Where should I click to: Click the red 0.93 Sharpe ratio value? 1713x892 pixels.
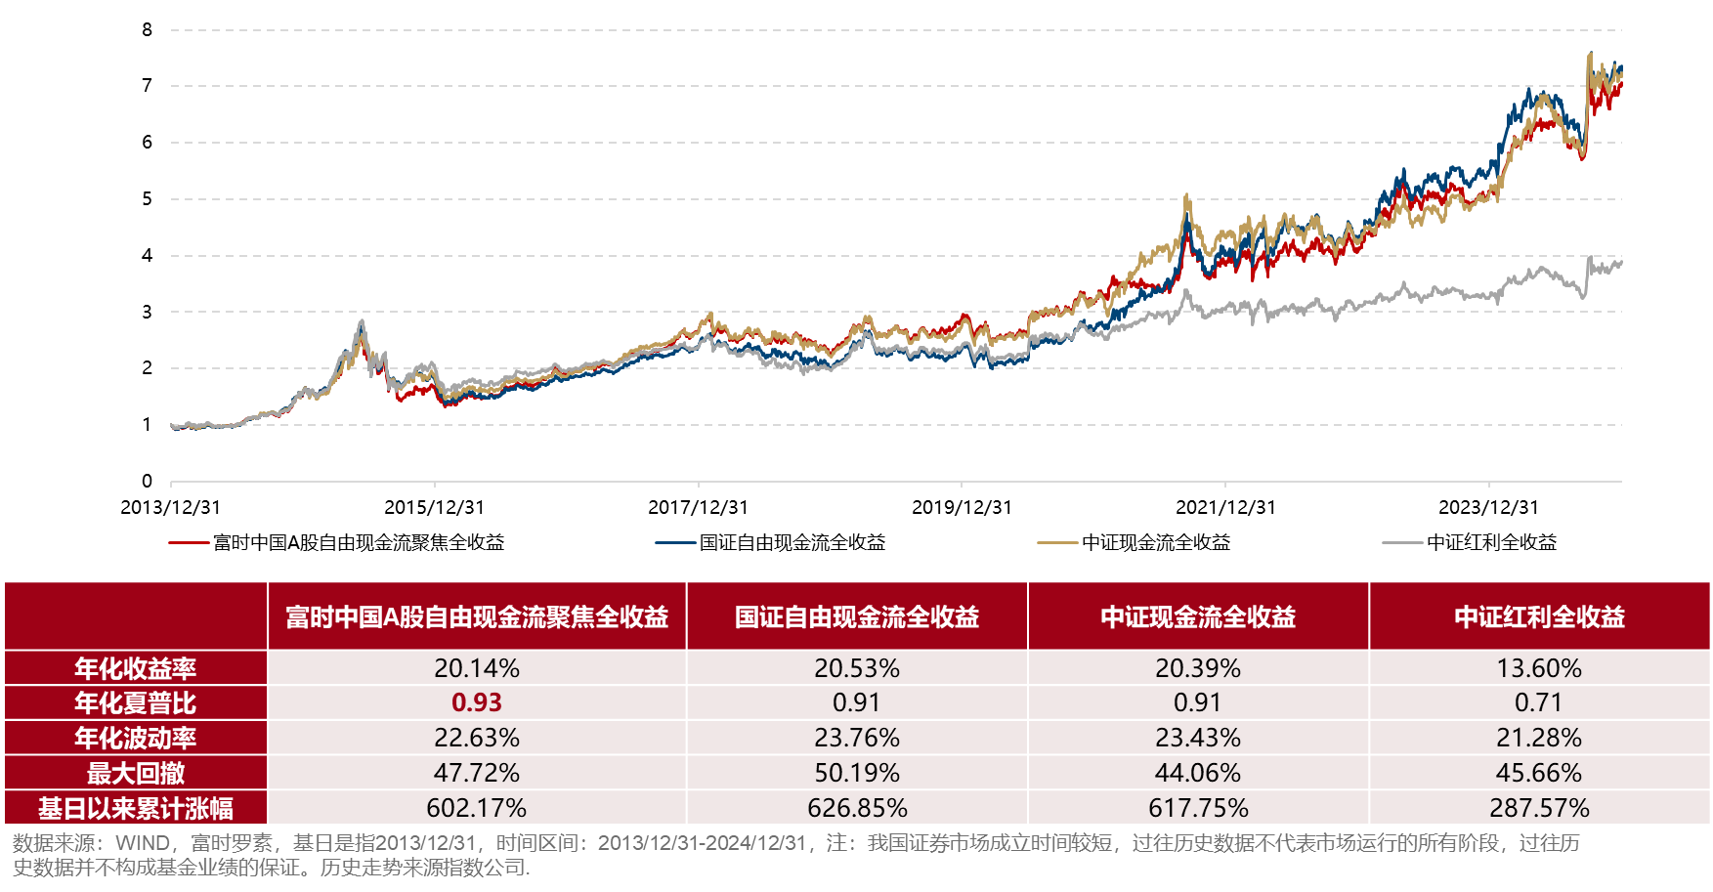[x=477, y=702]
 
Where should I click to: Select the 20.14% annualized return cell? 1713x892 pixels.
[x=477, y=668]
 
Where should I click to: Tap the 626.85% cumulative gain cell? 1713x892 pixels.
[x=857, y=808]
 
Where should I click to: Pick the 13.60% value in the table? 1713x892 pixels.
[x=1539, y=668]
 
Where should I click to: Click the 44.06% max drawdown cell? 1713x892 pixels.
[x=1198, y=773]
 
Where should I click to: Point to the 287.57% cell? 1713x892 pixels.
[x=1539, y=808]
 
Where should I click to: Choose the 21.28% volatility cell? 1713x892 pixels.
[x=1539, y=738]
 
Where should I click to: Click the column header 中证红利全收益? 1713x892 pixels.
[x=1539, y=616]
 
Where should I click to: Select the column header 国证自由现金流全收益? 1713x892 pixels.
[x=857, y=616]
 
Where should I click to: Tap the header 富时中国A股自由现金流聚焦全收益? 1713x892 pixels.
[x=477, y=616]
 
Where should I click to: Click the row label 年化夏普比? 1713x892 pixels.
[x=136, y=702]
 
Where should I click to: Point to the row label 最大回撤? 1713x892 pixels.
[x=136, y=773]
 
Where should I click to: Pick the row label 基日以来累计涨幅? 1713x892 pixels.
[x=136, y=808]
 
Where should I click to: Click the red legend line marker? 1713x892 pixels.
[x=189, y=542]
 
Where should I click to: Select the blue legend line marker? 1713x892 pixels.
[x=675, y=542]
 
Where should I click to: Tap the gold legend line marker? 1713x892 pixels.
[x=1057, y=542]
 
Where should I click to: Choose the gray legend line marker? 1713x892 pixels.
[x=1402, y=542]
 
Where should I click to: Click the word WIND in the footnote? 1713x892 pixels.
[x=143, y=843]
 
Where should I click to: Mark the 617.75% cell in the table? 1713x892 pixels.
[x=1198, y=808]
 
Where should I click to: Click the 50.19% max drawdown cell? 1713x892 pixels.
[x=857, y=773]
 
